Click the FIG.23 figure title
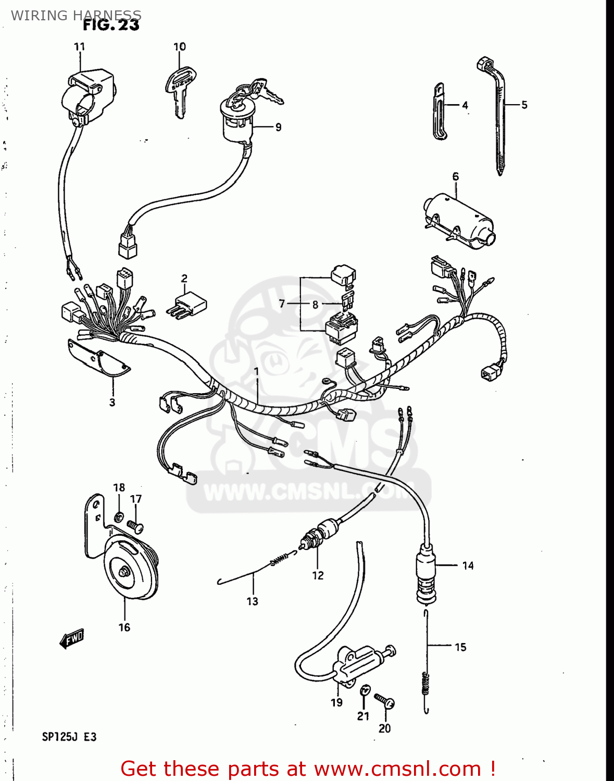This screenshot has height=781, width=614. click(x=111, y=25)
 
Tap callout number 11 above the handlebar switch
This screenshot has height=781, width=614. click(x=79, y=47)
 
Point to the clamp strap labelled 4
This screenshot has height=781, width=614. click(x=440, y=112)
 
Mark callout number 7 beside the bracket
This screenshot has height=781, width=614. click(x=282, y=304)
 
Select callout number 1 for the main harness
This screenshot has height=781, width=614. click(x=256, y=371)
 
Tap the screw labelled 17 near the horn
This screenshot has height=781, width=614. click(x=136, y=527)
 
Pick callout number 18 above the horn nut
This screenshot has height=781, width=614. click(x=119, y=487)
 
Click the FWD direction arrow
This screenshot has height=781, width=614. click(x=72, y=638)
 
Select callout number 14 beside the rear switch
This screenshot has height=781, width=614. click(x=468, y=565)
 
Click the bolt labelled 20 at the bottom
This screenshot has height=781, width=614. click(x=385, y=702)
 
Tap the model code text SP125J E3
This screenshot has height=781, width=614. click(x=69, y=737)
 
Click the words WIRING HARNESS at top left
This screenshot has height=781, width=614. click(x=76, y=15)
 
